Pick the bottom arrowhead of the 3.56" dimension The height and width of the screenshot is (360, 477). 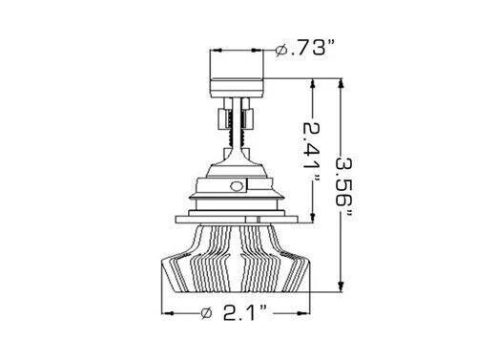tap(342, 286)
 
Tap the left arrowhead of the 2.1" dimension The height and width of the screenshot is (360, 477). tap(168, 312)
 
